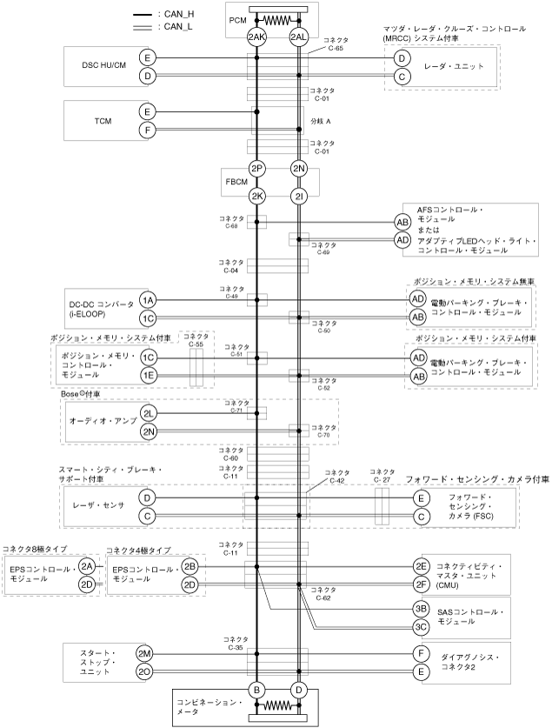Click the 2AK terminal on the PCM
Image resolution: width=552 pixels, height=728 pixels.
256,37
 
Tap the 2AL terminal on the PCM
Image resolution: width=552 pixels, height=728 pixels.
299,37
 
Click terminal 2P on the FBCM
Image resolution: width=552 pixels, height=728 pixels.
256,168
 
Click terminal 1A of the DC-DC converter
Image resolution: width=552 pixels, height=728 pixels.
148,299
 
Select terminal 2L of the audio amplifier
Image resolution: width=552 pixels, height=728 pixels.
148,412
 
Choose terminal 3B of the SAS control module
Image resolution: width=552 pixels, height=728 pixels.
421,608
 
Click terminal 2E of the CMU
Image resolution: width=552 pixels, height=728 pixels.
421,565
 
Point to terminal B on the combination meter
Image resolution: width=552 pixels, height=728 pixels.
256,690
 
